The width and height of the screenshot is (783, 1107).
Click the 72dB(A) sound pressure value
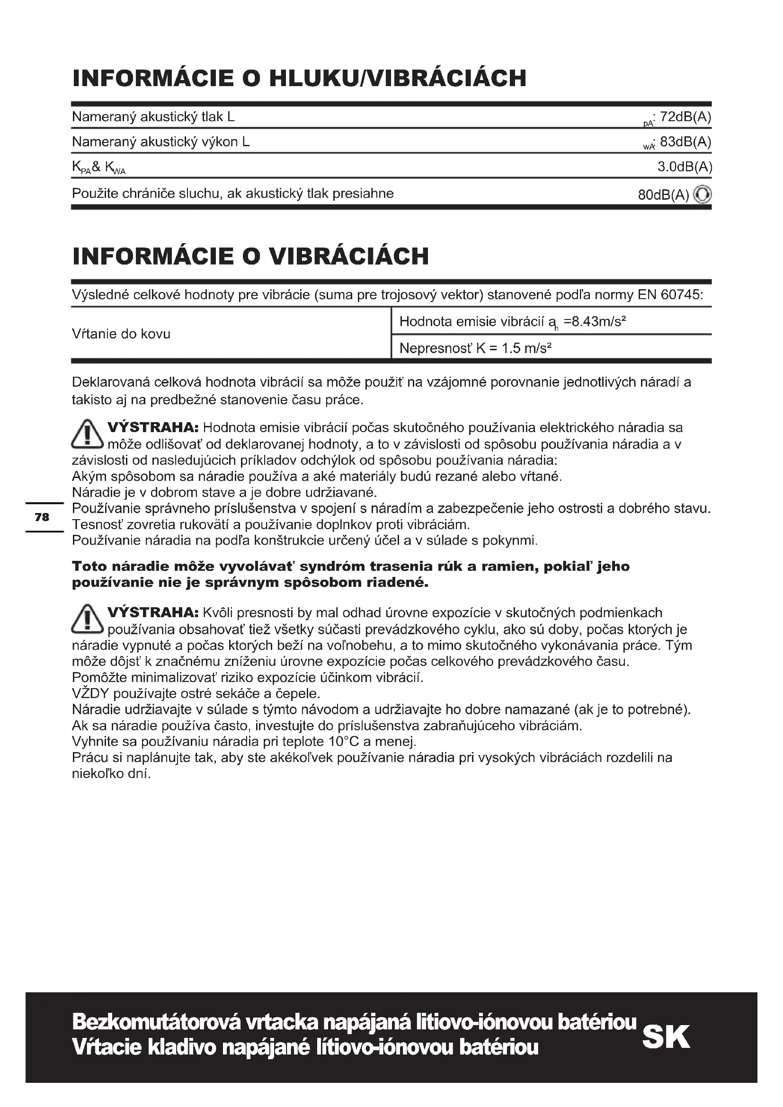[685, 117]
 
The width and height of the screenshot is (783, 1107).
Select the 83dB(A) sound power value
[685, 142]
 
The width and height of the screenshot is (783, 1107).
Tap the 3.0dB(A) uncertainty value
[685, 167]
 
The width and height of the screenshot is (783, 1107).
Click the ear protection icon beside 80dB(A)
[702, 195]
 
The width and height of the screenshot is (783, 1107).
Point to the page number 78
[42, 517]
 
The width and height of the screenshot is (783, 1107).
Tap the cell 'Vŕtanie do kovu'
[121, 334]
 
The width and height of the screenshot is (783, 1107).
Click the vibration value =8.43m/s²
[595, 321]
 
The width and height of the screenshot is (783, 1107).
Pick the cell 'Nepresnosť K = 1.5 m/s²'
[475, 348]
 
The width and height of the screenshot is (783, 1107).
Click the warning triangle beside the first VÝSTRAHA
[87, 434]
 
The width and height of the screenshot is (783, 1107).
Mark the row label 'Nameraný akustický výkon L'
[160, 142]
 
